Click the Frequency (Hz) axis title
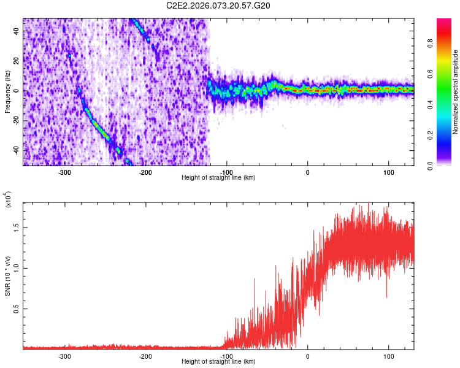[7, 92]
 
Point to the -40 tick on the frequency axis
[15, 150]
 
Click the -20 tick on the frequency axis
[15, 120]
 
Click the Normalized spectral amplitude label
[455, 92]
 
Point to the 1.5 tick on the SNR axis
[17, 227]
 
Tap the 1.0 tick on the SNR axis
[17, 268]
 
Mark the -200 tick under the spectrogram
[145, 172]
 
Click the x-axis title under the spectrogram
[218, 178]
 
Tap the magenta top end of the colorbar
[444, 21]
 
